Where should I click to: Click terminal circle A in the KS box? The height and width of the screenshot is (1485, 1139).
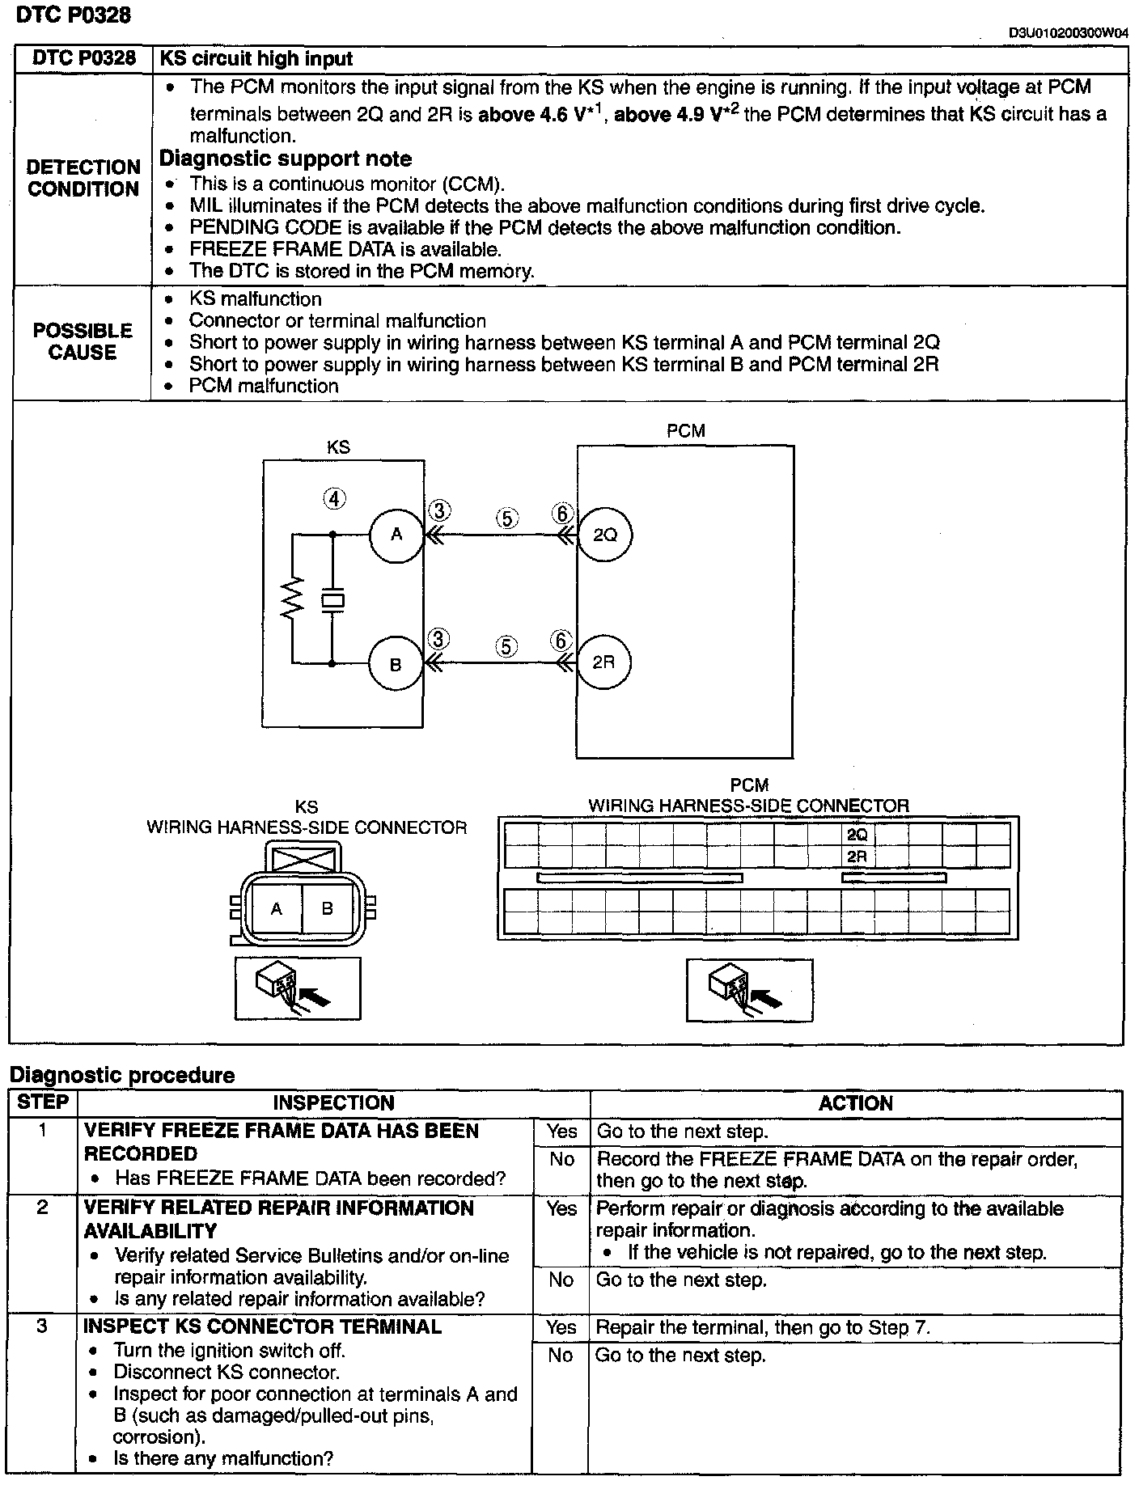(396, 535)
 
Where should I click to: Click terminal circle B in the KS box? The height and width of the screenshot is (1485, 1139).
(396, 665)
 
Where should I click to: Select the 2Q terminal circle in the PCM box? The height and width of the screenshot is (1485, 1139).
(605, 535)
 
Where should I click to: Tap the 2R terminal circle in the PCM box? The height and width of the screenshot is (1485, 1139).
(603, 662)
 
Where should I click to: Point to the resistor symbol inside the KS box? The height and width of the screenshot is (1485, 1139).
(292, 599)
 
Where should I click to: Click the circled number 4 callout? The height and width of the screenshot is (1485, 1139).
(335, 498)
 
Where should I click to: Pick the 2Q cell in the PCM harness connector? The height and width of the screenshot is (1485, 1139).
(857, 835)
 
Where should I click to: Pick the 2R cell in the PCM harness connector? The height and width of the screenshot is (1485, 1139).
(857, 856)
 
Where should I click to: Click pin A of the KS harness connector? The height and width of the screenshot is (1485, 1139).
(276, 908)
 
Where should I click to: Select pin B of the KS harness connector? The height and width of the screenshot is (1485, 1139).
(327, 908)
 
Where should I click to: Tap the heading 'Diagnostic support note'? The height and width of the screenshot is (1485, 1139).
(286, 159)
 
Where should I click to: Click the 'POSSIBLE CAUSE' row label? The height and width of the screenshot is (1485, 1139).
(83, 341)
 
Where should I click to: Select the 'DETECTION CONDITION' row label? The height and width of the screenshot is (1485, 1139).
(83, 178)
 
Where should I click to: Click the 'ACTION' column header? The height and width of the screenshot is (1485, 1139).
(855, 1103)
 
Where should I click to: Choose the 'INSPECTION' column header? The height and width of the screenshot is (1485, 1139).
(333, 1103)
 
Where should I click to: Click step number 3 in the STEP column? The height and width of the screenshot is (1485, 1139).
(43, 1326)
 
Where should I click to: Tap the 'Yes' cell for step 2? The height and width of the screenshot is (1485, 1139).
(561, 1208)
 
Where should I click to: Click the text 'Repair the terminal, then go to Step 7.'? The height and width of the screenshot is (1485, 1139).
(763, 1327)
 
